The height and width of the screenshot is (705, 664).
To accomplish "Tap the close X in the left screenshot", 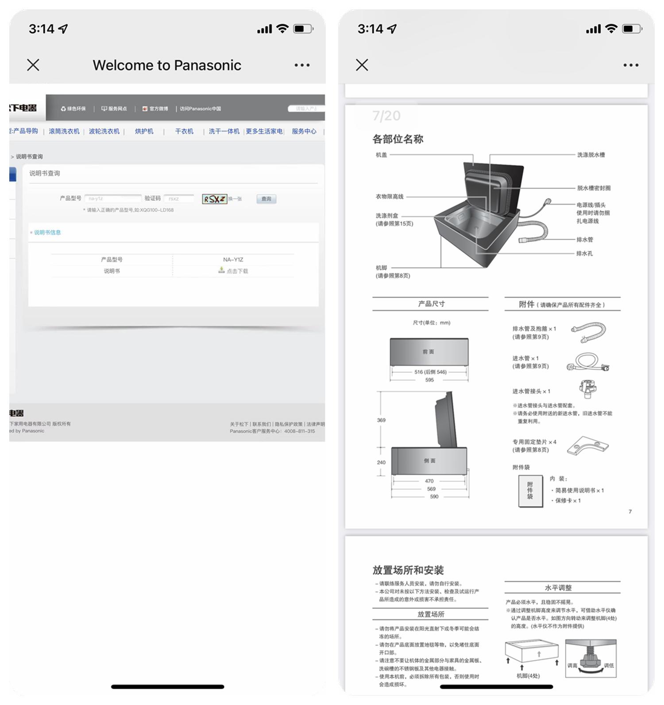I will click(33, 65).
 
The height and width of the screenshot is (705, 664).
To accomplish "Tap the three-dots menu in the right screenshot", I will click(630, 65).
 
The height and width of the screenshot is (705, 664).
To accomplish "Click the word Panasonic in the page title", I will click(207, 65).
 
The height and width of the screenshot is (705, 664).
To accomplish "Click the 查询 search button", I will click(266, 199).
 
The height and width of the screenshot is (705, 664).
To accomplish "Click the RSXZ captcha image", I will click(215, 199).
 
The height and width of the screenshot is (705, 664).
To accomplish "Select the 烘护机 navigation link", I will click(144, 131).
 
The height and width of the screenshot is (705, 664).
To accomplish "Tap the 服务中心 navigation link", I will click(304, 131).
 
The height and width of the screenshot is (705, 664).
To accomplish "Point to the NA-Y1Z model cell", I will click(233, 260).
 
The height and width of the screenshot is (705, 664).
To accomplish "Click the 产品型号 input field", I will click(112, 199).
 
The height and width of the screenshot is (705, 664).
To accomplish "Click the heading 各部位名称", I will click(398, 139).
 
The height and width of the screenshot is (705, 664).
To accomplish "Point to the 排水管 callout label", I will click(584, 240).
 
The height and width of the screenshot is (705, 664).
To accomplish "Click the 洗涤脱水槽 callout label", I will click(591, 155).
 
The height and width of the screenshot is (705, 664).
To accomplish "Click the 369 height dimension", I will click(381, 420).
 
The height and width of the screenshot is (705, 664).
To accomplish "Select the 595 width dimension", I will click(429, 380).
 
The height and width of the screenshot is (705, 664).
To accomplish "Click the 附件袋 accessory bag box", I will click(530, 491).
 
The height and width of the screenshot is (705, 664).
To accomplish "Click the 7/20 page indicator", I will click(386, 116).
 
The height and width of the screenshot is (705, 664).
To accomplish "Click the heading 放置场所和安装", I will click(408, 570).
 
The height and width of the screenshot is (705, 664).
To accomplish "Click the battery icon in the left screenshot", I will click(303, 29).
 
